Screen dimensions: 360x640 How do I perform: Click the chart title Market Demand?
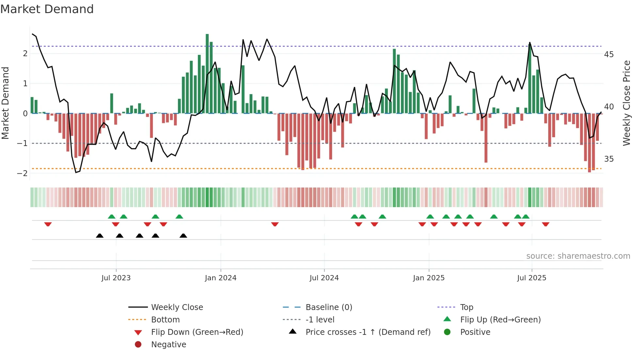click(47, 9)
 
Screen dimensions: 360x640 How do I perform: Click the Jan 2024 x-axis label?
click(220, 278)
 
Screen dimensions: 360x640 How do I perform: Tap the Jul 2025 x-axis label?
click(532, 278)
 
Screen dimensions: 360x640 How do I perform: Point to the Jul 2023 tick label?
click(116, 278)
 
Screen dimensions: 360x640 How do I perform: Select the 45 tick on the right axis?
click(609, 54)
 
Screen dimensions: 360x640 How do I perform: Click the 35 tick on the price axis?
click(609, 159)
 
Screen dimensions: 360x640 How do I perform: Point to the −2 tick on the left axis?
click(22, 173)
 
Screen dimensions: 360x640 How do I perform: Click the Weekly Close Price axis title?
click(626, 103)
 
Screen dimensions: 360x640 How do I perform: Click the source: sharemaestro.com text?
click(578, 256)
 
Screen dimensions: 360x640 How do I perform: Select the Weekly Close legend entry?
click(177, 307)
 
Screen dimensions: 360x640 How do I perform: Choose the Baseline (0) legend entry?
click(328, 307)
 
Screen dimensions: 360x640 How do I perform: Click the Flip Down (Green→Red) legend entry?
click(197, 332)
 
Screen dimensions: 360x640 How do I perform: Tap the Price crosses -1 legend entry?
click(368, 332)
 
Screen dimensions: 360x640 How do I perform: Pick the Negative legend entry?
click(168, 345)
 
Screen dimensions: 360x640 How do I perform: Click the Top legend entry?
click(466, 307)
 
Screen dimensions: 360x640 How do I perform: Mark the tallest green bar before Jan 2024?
click(207, 74)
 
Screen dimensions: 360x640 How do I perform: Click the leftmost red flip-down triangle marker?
click(48, 224)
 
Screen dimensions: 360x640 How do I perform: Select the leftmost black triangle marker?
click(100, 236)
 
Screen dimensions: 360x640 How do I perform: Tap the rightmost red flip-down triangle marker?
click(546, 224)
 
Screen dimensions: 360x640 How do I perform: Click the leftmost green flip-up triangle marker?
click(112, 217)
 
